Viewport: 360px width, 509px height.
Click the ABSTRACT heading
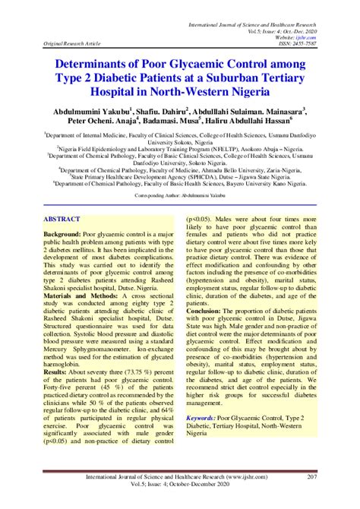pos(66,218)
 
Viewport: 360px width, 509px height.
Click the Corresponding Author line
pos(179,195)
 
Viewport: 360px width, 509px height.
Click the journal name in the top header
pos(251,7)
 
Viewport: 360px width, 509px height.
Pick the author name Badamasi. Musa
pos(168,119)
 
